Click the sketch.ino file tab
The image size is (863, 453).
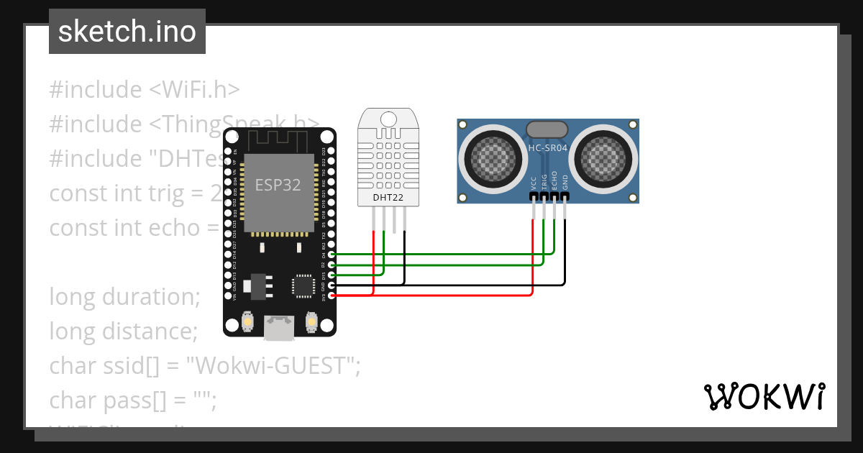click(x=127, y=32)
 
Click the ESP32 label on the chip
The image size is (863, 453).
click(x=278, y=184)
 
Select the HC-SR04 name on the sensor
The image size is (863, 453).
click(x=548, y=149)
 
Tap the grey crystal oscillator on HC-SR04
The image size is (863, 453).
click(x=548, y=129)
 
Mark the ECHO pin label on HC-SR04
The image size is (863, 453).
click(x=554, y=181)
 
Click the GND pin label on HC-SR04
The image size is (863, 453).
click(x=565, y=183)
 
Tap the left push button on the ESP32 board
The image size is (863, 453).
click(x=247, y=321)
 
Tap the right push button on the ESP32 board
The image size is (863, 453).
click(x=311, y=321)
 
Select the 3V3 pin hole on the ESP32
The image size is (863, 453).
click(x=331, y=296)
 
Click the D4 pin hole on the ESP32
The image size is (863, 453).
click(x=331, y=254)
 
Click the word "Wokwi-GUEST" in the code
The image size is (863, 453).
click(x=273, y=366)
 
